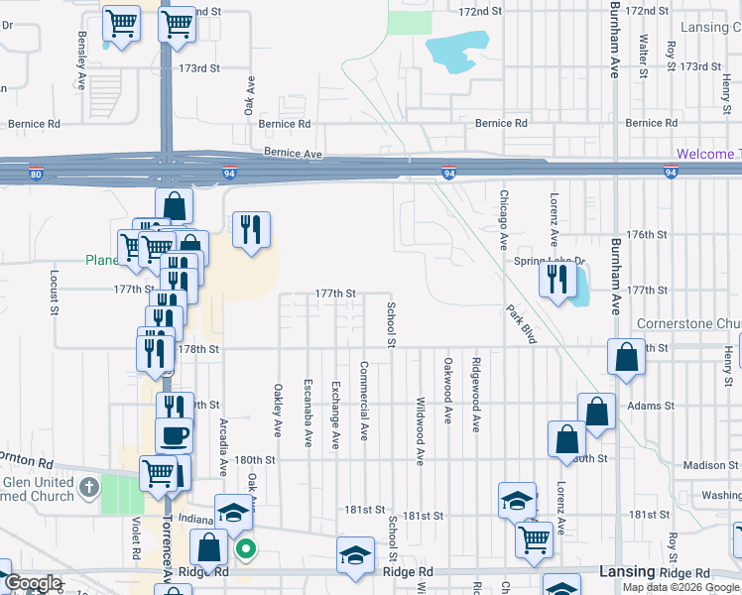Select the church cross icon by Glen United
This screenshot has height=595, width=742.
click(89, 486)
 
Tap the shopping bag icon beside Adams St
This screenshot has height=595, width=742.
click(597, 411)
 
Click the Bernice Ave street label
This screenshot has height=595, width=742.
click(294, 155)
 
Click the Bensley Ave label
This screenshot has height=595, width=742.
click(81, 48)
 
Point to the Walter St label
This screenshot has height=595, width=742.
click(644, 56)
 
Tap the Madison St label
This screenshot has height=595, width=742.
click(705, 465)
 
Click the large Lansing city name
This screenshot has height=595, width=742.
click(627, 572)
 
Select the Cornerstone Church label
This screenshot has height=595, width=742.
click(688, 323)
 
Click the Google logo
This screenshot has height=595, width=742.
click(33, 583)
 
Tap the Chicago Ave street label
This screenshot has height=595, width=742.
click(504, 220)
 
